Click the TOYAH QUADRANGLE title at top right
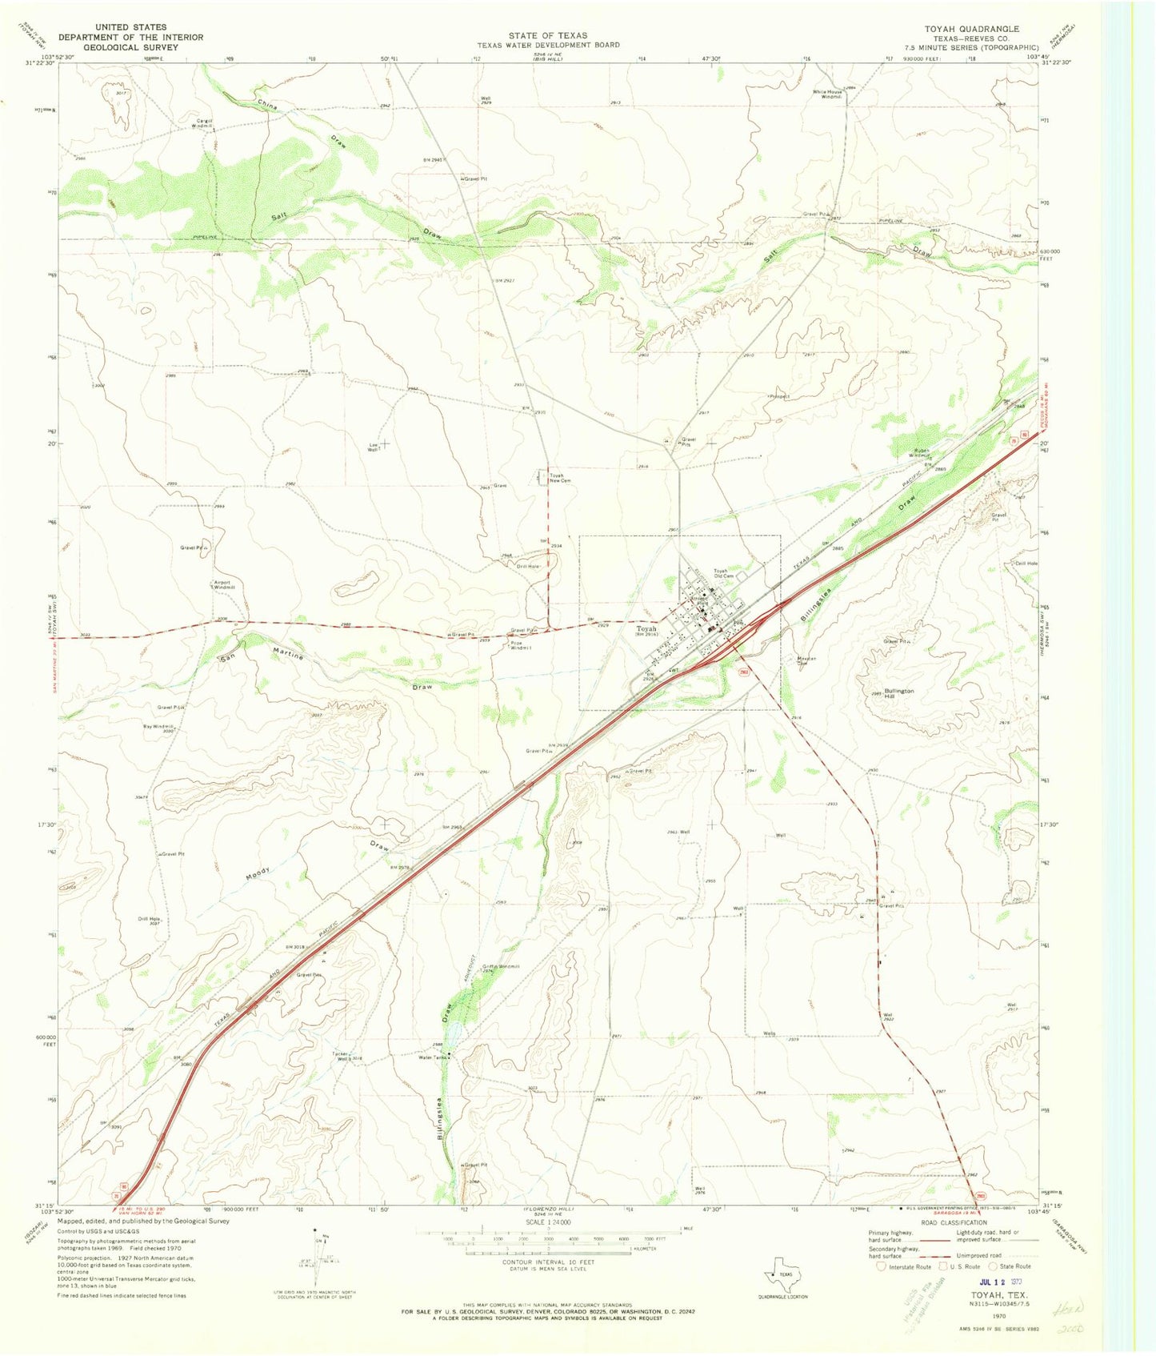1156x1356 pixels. point(971,29)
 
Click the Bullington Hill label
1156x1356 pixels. point(899,693)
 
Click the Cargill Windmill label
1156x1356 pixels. point(194,123)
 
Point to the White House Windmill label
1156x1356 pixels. point(827,94)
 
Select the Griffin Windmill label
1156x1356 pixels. point(501,966)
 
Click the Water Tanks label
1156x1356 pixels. point(433,1057)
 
